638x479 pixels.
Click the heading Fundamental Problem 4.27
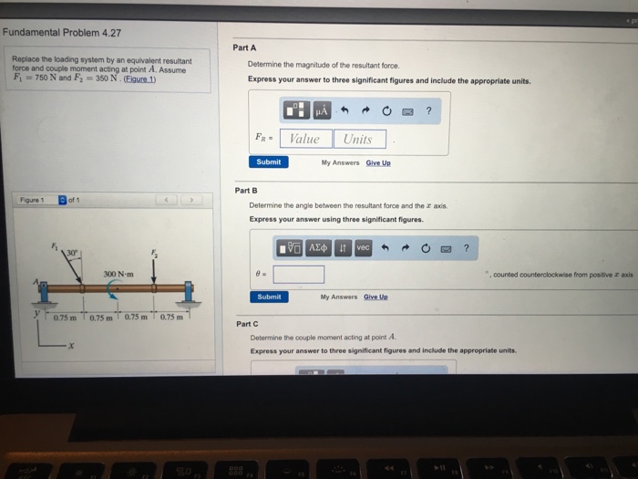(62, 32)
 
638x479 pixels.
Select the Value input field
(304, 139)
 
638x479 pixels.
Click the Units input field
(358, 139)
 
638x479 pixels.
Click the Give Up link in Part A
(378, 162)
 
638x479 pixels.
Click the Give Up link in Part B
(376, 297)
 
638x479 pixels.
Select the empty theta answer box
(298, 274)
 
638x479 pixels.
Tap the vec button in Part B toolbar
(363, 247)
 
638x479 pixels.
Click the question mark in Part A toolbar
(428, 111)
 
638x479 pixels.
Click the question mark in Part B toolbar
(466, 247)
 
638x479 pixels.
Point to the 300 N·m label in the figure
(118, 274)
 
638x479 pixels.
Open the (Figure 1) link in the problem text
(139, 78)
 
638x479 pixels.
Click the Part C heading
(247, 324)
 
